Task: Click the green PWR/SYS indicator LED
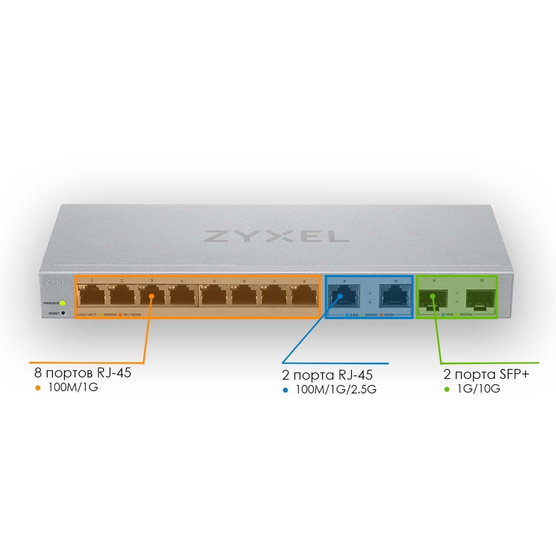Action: click(x=63, y=303)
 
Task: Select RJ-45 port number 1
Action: click(x=92, y=296)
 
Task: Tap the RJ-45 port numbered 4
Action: click(x=182, y=296)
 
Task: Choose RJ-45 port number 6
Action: click(x=244, y=296)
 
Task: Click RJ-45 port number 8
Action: click(x=304, y=296)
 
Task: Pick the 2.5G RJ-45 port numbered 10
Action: click(x=395, y=296)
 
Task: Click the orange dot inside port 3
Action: click(x=152, y=296)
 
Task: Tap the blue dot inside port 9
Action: click(x=340, y=296)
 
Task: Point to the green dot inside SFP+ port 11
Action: click(x=433, y=296)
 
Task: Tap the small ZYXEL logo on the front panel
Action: click(x=58, y=282)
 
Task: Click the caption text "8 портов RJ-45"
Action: click(x=83, y=373)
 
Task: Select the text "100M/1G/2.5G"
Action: click(x=336, y=390)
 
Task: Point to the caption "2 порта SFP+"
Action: click(x=486, y=374)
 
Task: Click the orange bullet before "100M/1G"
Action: click(x=38, y=388)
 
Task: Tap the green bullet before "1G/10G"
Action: click(x=447, y=390)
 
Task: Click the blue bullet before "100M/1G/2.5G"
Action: click(x=286, y=390)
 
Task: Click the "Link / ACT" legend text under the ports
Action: click(x=87, y=315)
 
